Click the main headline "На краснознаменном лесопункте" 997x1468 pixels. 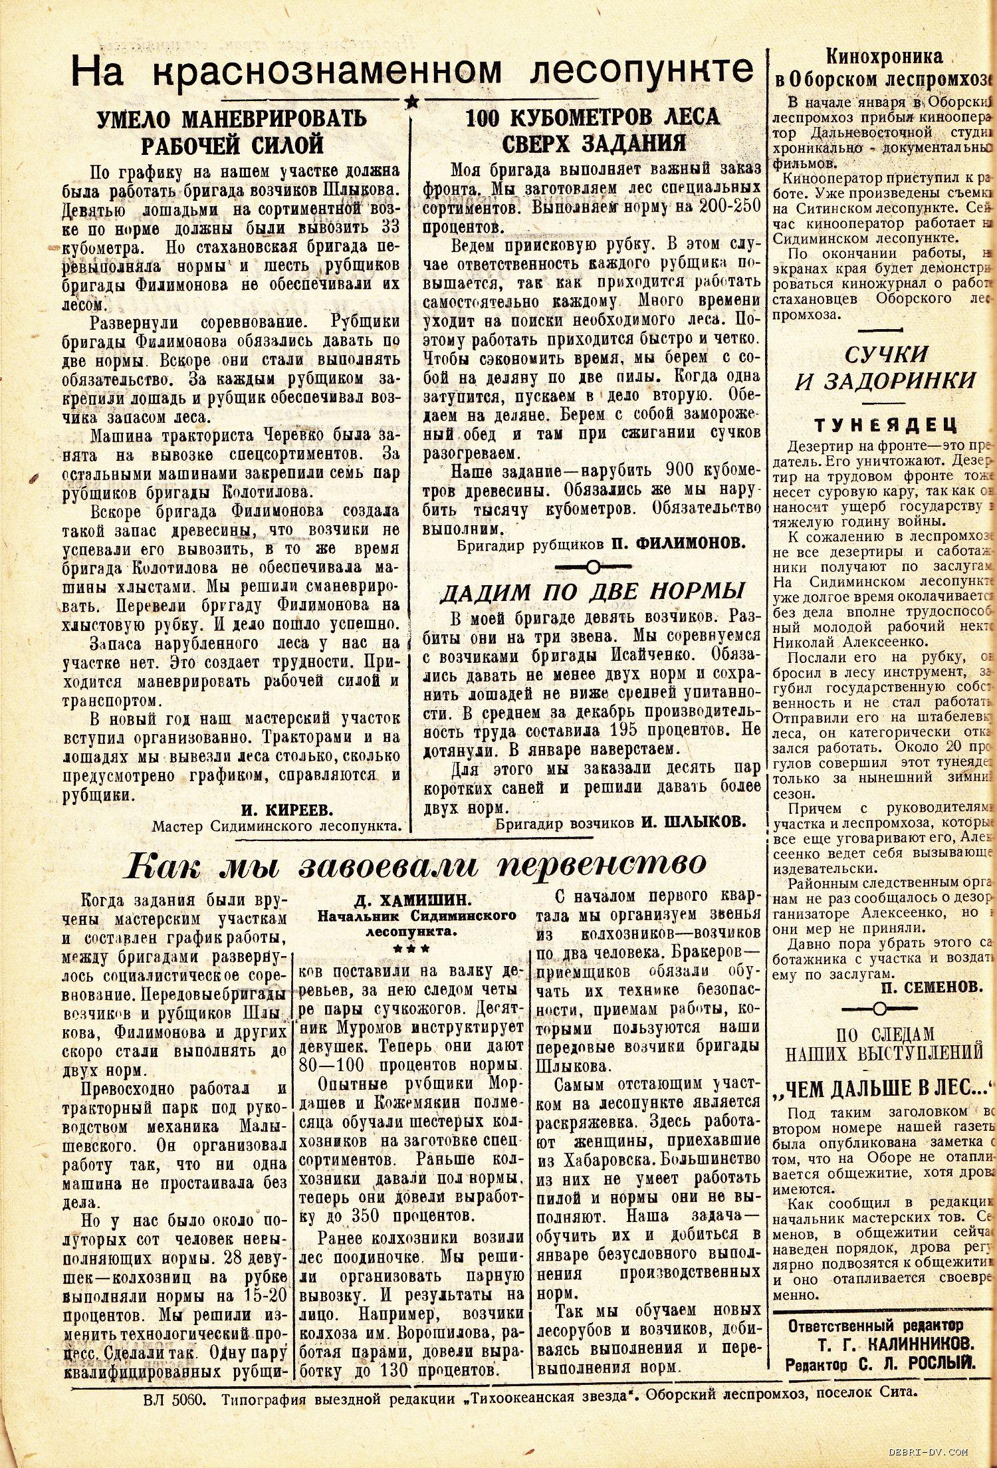coord(412,72)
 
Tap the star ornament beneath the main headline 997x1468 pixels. coord(411,102)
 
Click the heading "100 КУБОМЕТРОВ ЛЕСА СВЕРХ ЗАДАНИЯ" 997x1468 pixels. coord(592,130)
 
